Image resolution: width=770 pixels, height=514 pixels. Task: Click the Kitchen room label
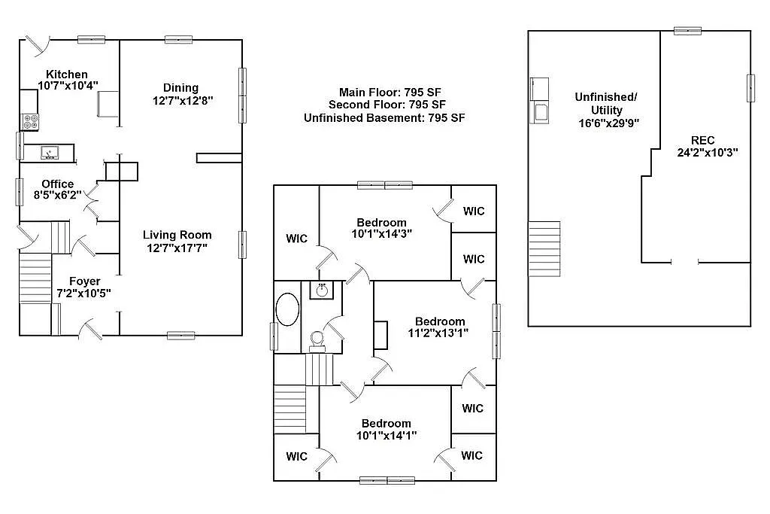(67, 75)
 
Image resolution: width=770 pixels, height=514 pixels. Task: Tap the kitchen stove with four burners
(31, 120)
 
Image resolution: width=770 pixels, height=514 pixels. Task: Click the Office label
(58, 184)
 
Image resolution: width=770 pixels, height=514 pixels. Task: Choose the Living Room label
(177, 235)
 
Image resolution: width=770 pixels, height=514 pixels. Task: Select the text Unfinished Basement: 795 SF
(384, 118)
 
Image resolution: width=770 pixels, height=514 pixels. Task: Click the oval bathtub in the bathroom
(287, 309)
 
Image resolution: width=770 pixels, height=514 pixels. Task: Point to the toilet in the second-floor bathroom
(317, 341)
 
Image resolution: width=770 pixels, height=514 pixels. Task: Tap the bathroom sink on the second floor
(323, 290)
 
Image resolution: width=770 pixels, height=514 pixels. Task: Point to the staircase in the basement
(544, 248)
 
